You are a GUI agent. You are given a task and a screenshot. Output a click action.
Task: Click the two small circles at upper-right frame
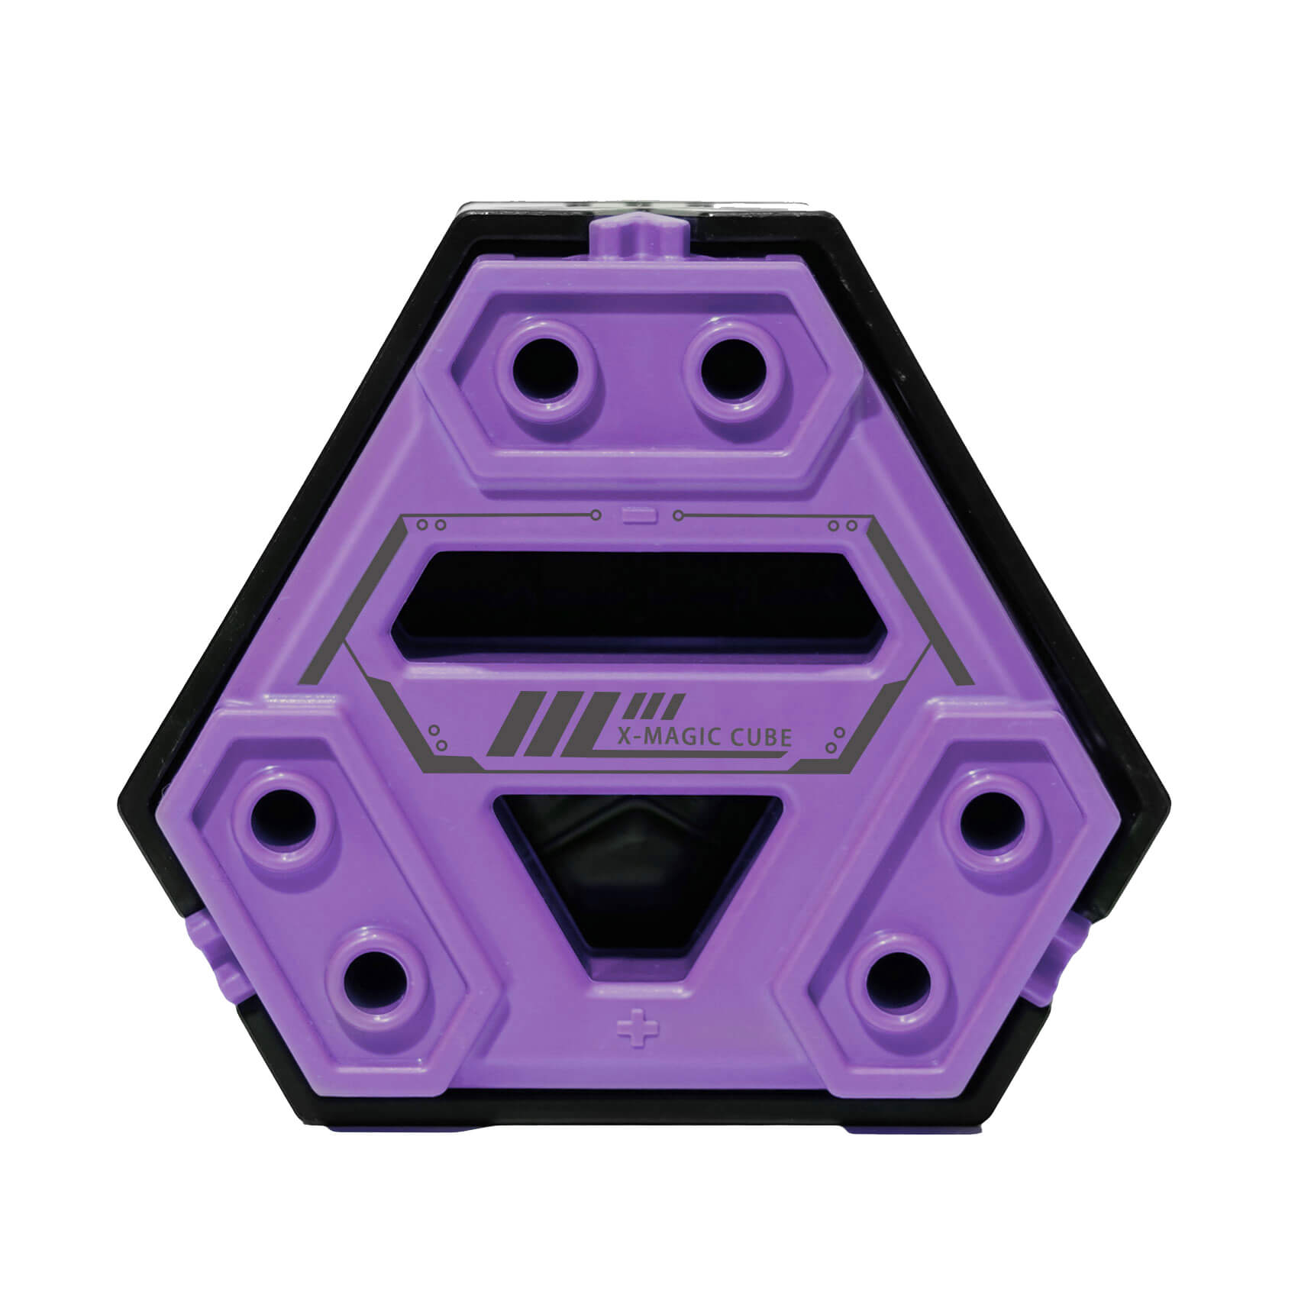click(844, 525)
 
